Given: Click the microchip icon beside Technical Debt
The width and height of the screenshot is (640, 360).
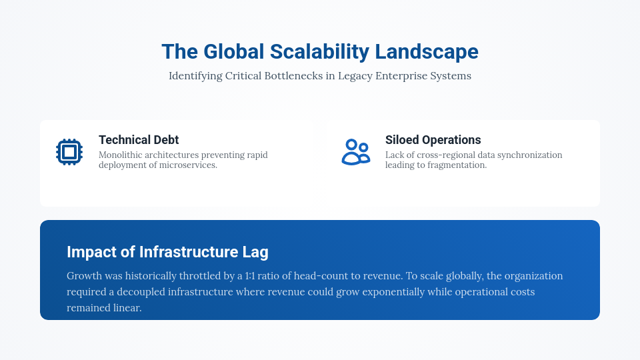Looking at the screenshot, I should (x=69, y=152).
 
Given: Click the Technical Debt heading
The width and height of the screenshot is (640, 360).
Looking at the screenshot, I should (x=139, y=140).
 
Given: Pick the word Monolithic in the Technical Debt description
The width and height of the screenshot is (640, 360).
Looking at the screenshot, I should (x=121, y=155).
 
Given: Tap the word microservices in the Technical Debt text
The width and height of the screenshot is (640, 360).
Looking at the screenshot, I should (x=189, y=165).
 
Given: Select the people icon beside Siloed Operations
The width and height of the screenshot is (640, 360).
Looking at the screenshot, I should (x=355, y=152).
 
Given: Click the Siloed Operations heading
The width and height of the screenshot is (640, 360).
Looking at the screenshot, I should (x=433, y=140).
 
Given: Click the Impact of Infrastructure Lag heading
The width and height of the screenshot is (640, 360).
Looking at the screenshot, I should (x=167, y=252).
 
